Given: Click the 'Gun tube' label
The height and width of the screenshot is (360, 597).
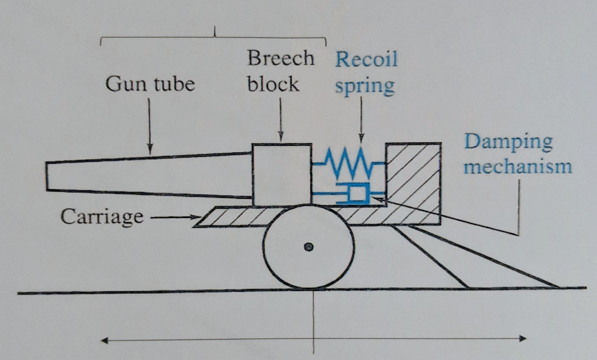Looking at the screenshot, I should [150, 85].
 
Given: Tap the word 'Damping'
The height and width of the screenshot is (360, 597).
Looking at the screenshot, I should [508, 142].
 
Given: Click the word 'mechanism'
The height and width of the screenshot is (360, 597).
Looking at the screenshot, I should [518, 167].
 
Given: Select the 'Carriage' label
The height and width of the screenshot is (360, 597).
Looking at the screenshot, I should [102, 217].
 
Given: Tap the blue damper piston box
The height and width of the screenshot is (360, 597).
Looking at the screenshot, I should [357, 194].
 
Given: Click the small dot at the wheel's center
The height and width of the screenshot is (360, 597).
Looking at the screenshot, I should [309, 247].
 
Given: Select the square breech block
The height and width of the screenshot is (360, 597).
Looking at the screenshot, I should [282, 174].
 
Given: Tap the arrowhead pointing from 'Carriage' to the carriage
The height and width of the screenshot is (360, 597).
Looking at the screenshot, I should [195, 218].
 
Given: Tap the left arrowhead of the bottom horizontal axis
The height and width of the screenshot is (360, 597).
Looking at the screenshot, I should [106, 339].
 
